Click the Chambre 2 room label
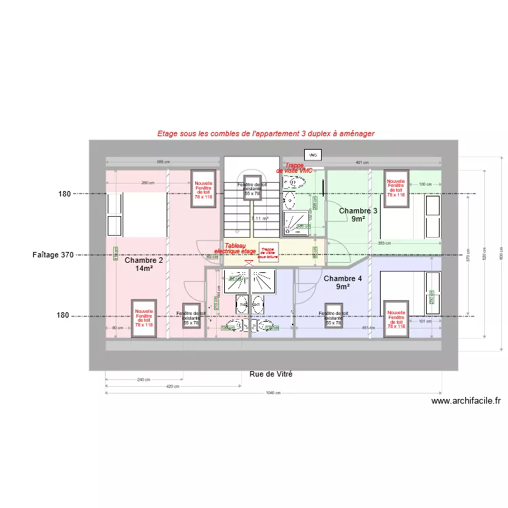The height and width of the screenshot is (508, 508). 144,264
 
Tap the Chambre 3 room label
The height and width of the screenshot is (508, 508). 358,215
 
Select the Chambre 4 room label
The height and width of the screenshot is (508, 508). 343,282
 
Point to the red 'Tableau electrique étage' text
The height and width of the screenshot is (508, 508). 235,249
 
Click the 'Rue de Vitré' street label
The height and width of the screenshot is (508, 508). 271,374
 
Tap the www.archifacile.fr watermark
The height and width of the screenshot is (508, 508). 466,400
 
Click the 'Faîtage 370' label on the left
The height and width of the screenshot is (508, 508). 53,255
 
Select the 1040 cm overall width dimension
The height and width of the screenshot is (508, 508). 274,394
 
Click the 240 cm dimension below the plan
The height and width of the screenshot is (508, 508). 144,379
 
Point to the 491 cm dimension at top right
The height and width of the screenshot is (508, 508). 362,163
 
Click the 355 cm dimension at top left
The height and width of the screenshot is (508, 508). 163,163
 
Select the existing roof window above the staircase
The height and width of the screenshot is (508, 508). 251,188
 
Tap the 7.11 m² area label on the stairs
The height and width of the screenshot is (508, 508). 260,219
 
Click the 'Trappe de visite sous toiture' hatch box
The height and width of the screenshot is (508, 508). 268,252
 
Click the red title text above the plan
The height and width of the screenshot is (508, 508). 266,134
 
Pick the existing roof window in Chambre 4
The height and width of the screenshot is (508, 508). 333,318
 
